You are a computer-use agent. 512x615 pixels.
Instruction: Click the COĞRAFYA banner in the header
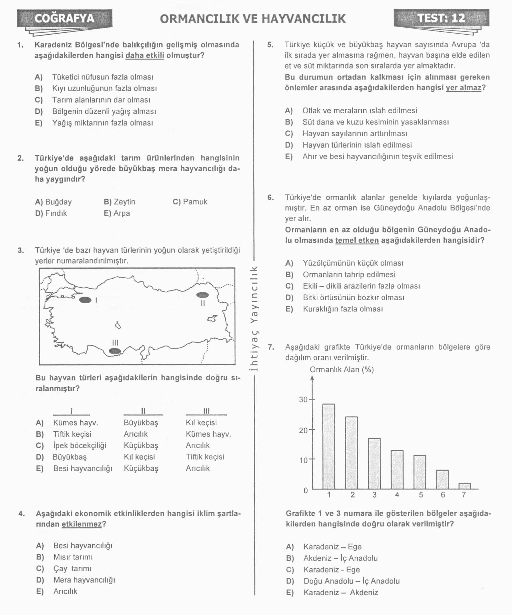coord(64,19)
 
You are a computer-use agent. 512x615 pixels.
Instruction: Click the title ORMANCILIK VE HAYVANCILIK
coord(253,19)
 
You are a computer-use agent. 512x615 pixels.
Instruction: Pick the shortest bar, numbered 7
coord(465,486)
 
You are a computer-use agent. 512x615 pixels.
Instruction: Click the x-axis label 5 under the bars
coord(421,495)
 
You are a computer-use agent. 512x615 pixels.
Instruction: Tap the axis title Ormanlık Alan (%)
coord(342,369)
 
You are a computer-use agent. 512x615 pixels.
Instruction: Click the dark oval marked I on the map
coord(85,300)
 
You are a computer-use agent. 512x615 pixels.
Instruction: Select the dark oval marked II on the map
coord(202,295)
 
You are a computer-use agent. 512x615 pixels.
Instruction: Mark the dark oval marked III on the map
coord(115,351)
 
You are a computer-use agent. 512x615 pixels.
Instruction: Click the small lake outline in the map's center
coord(118,325)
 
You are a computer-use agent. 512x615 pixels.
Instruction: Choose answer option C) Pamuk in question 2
coord(190,202)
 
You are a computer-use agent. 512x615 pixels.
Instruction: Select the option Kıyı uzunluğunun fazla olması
coord(104,88)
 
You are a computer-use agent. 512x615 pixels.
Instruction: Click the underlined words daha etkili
coord(145,55)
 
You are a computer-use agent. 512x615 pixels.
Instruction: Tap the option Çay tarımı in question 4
coord(72,568)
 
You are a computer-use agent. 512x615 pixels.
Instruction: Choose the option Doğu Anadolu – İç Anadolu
coord(351,581)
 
